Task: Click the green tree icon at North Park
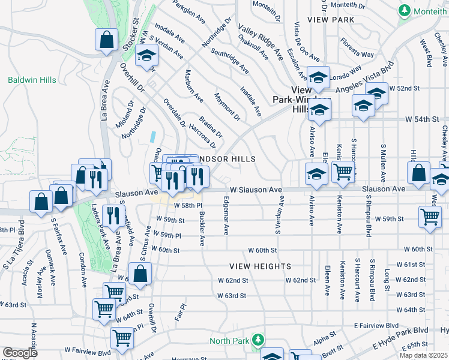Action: [258, 340]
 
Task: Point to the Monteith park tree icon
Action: [403, 11]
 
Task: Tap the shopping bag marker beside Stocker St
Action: [106, 40]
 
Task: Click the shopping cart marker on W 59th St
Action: [430, 217]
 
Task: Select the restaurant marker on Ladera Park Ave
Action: [111, 215]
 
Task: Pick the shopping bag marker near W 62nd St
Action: [140, 275]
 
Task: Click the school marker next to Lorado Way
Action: [319, 76]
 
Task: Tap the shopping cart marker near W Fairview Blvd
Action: [122, 338]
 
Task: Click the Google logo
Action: [20, 353]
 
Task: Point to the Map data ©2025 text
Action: [424, 355]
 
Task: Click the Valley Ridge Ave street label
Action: [261, 42]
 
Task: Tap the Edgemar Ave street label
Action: [226, 214]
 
